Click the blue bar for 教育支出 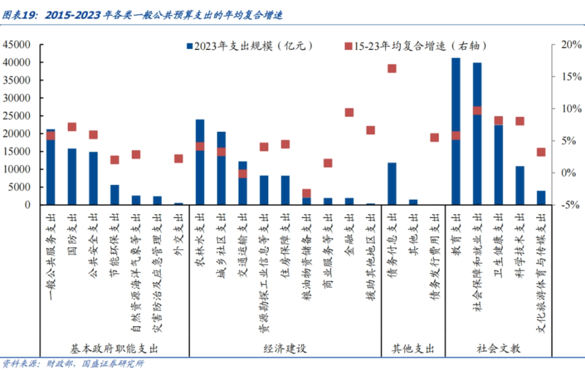(x=456, y=165)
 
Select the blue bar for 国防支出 (x=72, y=177)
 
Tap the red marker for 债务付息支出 (x=392, y=68)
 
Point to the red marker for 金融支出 (x=349, y=112)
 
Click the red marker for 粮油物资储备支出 (x=307, y=193)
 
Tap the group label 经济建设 (x=285, y=349)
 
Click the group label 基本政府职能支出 (x=115, y=349)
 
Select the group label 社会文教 (x=498, y=349)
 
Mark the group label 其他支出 (x=413, y=349)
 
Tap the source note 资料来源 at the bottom (x=73, y=364)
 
